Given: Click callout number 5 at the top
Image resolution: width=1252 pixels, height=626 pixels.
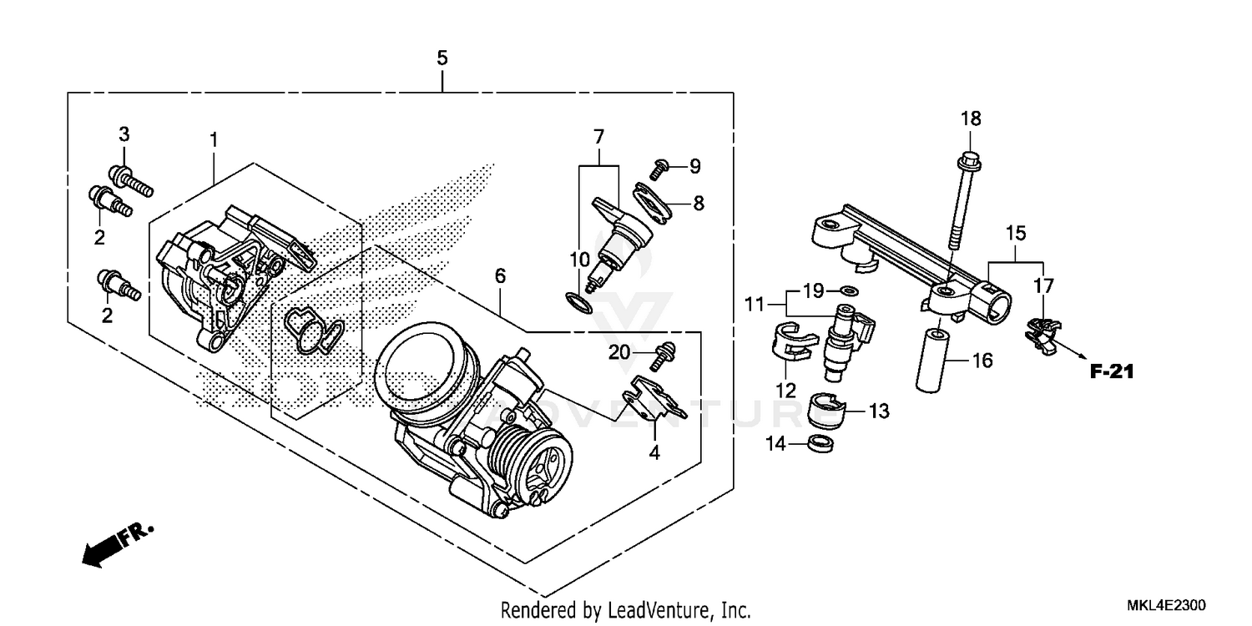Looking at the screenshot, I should [442, 58].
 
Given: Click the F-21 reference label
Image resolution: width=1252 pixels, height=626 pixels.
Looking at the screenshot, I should [1112, 372].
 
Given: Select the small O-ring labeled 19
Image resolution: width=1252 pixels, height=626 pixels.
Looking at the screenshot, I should [849, 291].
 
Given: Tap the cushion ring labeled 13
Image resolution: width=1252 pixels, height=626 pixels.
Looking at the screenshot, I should [827, 411].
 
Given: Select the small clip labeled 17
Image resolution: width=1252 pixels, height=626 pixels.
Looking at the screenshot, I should [1040, 331].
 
